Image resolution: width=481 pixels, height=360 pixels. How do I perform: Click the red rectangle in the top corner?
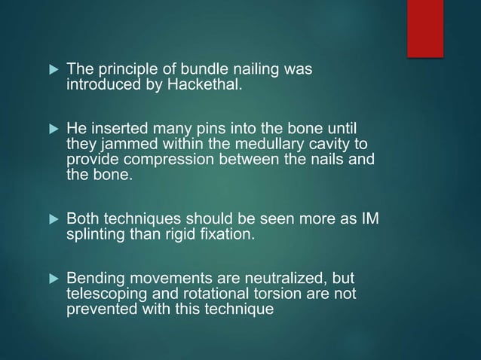pos(424,28)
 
